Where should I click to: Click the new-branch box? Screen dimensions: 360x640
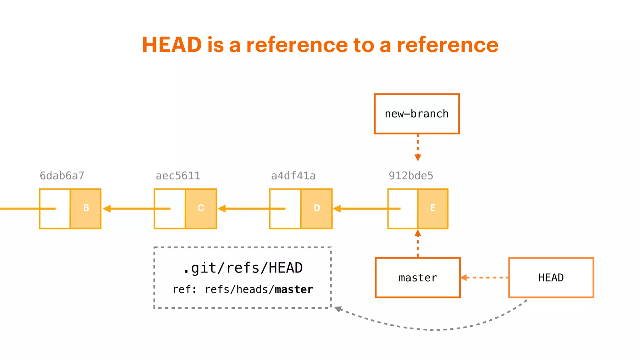[x=417, y=114]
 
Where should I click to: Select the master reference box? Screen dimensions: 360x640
[x=417, y=277]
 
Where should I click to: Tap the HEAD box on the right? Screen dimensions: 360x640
[x=551, y=277]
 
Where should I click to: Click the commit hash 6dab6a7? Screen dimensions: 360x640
[x=62, y=176]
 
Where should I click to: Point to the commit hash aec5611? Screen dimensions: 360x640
[x=178, y=176]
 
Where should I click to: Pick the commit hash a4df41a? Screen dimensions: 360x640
[x=293, y=176]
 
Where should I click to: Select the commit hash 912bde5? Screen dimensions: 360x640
[x=411, y=176]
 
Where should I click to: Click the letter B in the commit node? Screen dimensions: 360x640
[x=86, y=208]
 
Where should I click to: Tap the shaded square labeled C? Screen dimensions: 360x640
[x=201, y=208]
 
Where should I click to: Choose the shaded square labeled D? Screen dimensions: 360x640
[x=317, y=208]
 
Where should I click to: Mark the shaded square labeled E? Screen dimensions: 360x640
[x=433, y=208]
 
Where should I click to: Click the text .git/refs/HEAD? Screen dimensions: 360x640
[x=243, y=268]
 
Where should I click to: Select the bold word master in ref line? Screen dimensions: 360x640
[x=294, y=290]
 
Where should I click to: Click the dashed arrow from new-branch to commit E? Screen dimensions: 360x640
[x=418, y=147]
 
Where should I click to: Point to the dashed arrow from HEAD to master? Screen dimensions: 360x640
[x=484, y=277]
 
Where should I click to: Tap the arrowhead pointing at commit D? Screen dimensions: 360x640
[x=337, y=208]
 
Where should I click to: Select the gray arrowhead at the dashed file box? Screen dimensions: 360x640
[x=338, y=309]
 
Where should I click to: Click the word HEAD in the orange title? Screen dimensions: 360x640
[x=172, y=45]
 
